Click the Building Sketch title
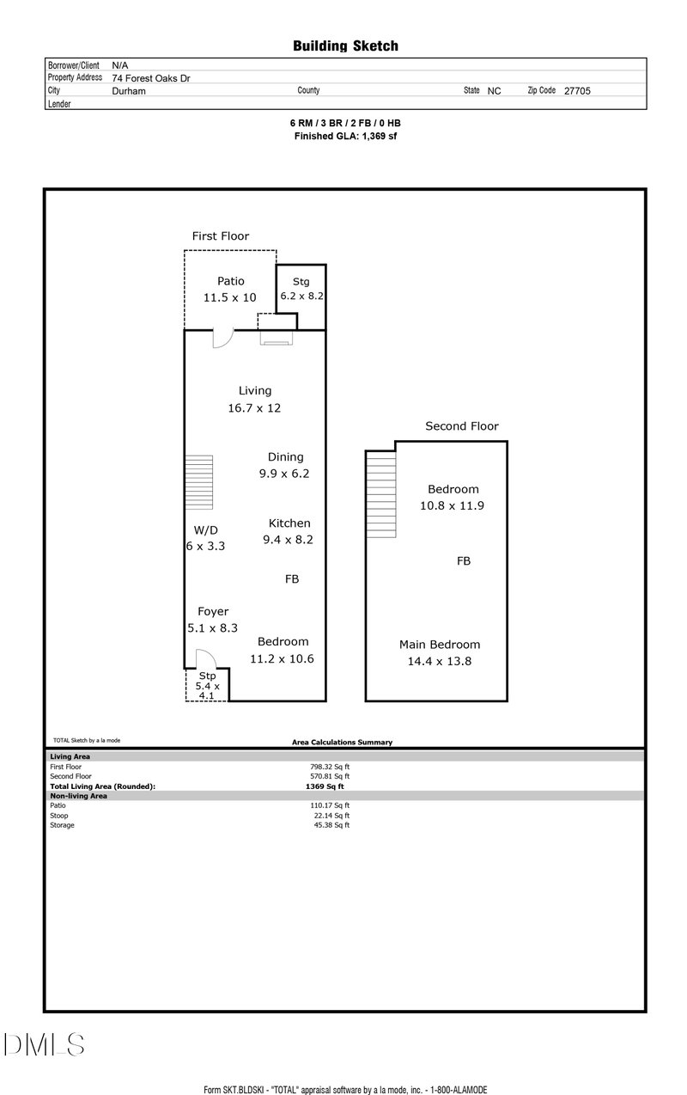click(x=345, y=46)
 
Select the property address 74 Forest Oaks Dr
click(x=151, y=77)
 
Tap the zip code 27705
click(x=576, y=90)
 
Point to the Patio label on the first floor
click(x=230, y=281)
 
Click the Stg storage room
click(x=301, y=297)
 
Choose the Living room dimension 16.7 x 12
click(x=254, y=408)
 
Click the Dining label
click(x=285, y=457)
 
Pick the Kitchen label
click(x=289, y=523)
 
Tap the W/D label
click(x=205, y=529)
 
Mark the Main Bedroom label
click(x=439, y=645)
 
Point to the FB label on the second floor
click(x=463, y=561)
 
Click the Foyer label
click(x=213, y=612)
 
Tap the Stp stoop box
click(x=207, y=685)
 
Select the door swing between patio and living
click(x=222, y=340)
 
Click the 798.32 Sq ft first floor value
click(x=330, y=767)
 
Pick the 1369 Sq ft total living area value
click(x=325, y=786)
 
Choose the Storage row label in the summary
click(x=63, y=825)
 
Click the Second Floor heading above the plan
click(x=461, y=426)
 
